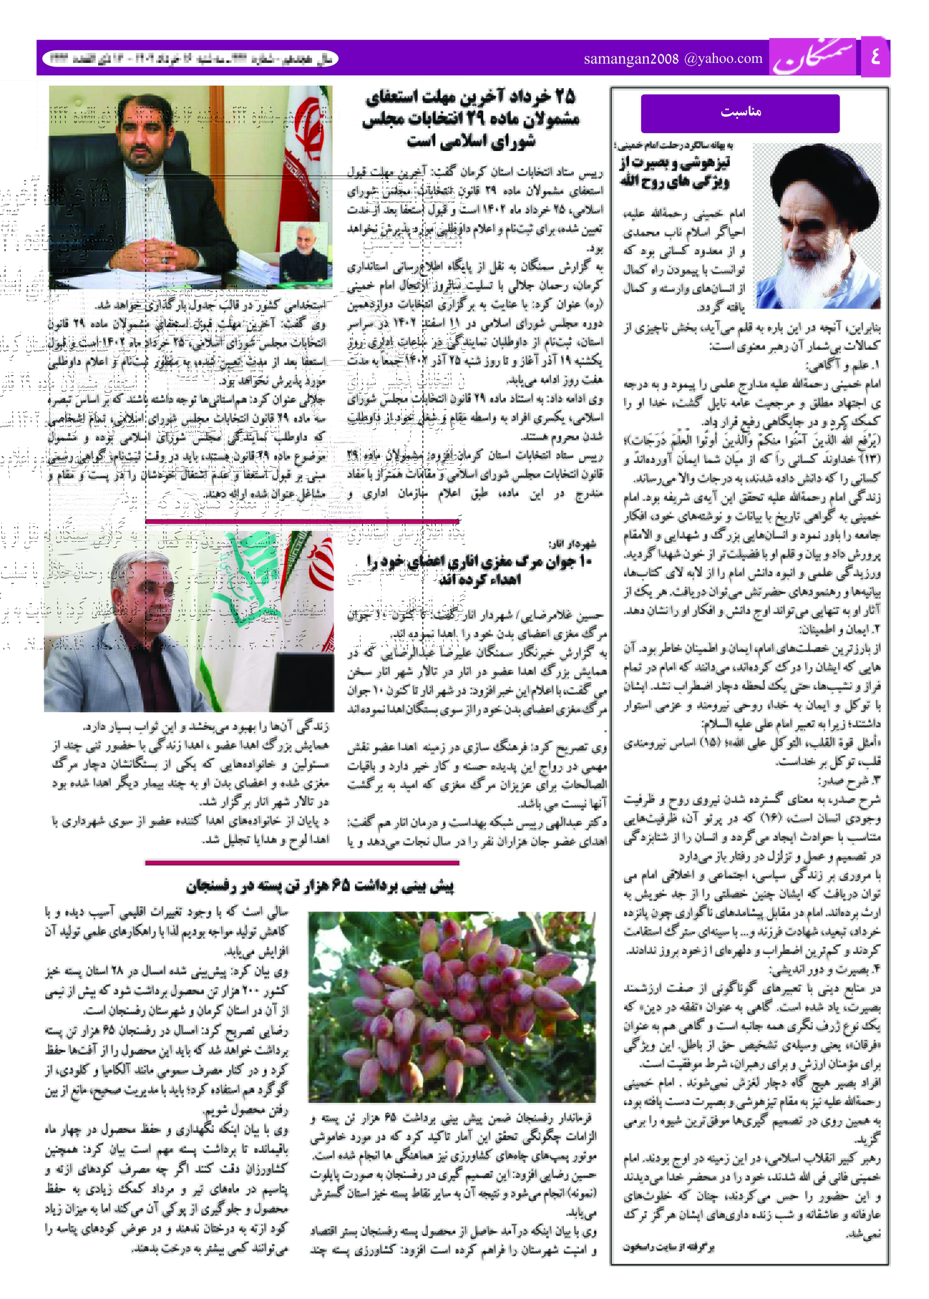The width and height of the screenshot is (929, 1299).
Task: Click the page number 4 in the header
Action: click(x=875, y=57)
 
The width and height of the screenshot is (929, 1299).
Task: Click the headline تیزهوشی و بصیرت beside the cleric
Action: click(x=675, y=172)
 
